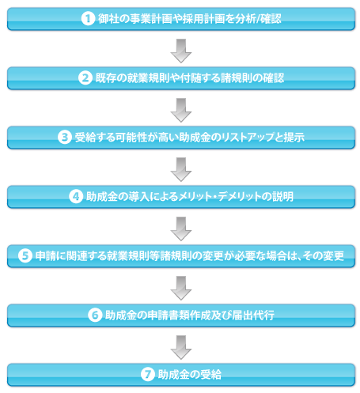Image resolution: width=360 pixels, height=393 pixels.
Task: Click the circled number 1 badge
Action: [x=88, y=19]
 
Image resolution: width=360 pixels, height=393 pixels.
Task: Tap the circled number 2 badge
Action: [x=85, y=78]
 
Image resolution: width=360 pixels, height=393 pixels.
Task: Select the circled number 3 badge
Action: [x=65, y=138]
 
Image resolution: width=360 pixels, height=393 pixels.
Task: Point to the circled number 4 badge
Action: [x=76, y=197]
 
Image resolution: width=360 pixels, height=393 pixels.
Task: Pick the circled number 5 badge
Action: [x=25, y=256]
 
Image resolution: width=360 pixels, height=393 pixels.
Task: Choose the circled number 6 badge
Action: [x=95, y=316]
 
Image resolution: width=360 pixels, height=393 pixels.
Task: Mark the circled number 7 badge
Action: [x=148, y=375]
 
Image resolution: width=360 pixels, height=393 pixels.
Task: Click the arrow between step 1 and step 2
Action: [x=181, y=51]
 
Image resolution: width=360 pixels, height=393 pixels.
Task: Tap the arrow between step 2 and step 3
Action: [x=181, y=110]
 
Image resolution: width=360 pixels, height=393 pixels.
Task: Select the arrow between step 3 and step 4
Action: [x=181, y=169]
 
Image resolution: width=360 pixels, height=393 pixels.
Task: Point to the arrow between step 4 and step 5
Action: [x=181, y=229]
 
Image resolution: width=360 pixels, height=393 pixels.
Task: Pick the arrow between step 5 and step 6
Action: [x=181, y=288]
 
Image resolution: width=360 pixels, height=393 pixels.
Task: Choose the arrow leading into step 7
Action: [x=181, y=347]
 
